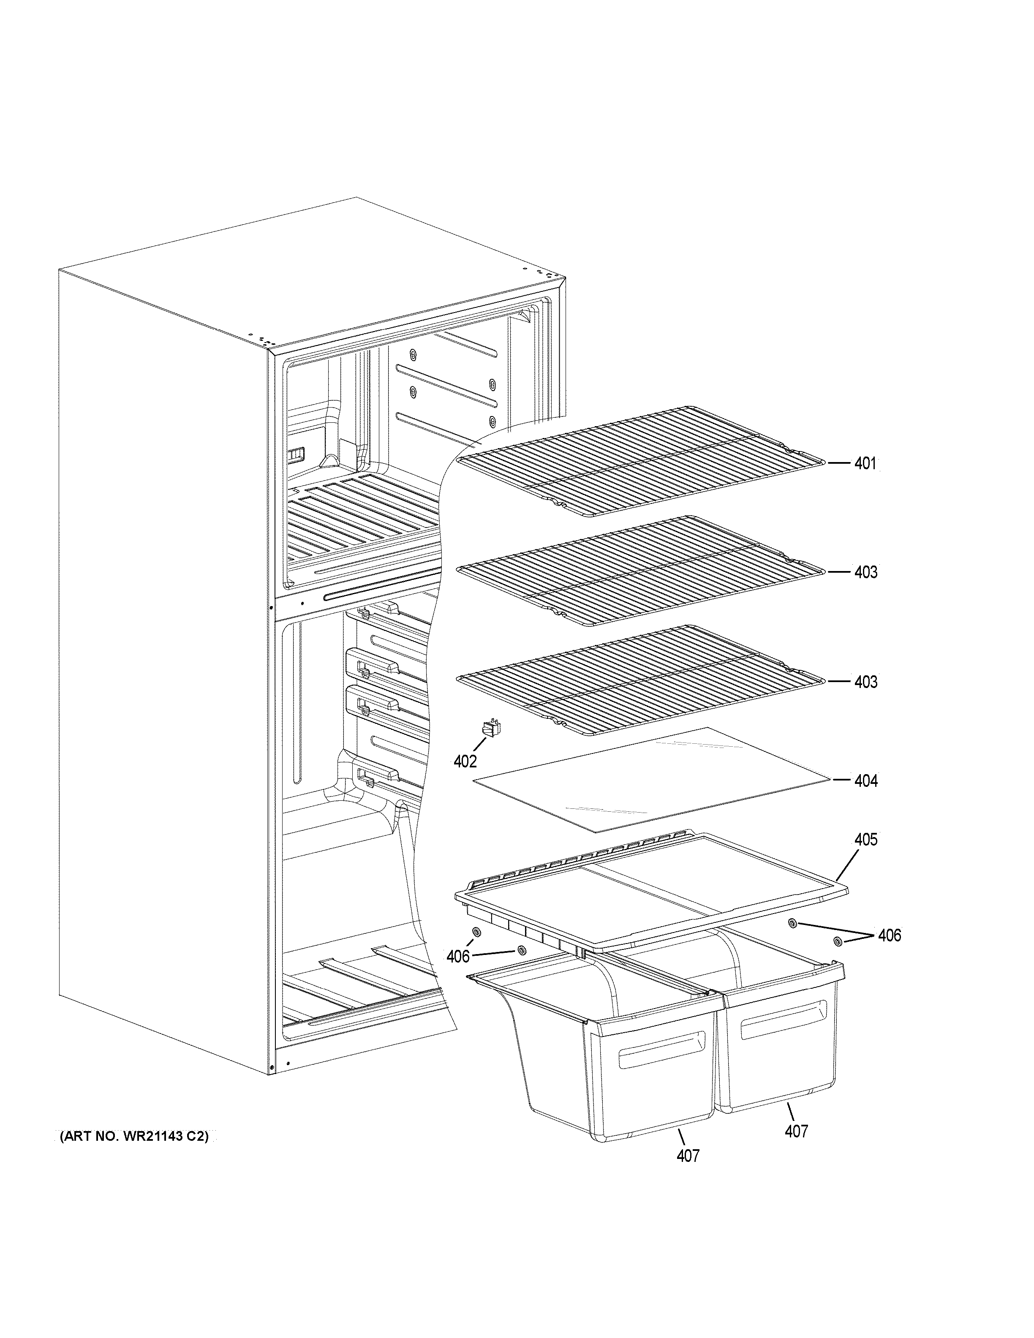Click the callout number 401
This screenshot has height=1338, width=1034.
point(865,464)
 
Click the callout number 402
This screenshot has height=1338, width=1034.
point(465,761)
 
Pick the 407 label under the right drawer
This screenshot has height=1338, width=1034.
point(796,1131)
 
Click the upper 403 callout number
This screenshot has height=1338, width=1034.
point(865,572)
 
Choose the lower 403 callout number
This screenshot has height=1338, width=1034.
point(865,682)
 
